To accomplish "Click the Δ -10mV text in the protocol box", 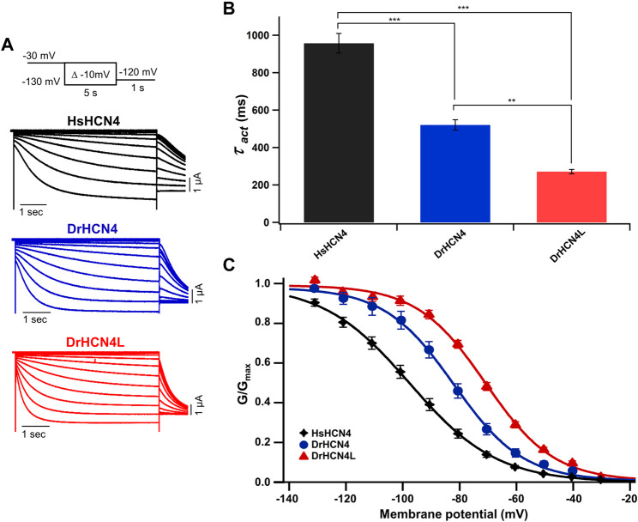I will pos(89,75).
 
